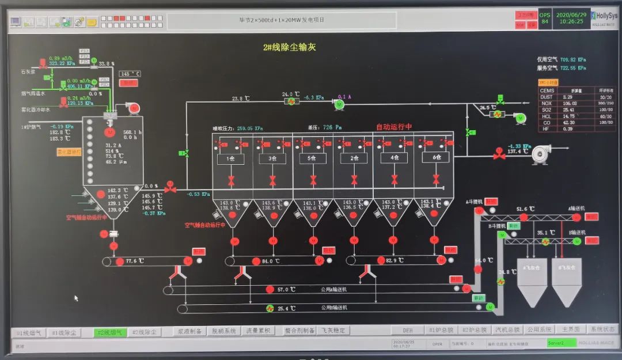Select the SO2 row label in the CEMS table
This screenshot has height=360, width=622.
(x=546, y=110)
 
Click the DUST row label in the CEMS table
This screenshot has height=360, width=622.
(x=547, y=97)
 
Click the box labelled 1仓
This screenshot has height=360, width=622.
(x=230, y=158)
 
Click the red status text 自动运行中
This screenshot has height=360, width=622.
(x=394, y=127)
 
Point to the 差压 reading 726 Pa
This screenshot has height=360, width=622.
(x=332, y=127)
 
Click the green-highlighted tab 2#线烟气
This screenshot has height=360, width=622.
(x=108, y=332)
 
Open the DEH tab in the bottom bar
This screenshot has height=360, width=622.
(x=407, y=331)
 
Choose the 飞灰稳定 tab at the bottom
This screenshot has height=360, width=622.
(x=333, y=331)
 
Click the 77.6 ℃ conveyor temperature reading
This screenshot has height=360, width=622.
(x=134, y=261)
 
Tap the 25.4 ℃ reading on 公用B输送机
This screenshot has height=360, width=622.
(x=286, y=309)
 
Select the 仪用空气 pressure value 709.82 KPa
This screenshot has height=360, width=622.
(x=573, y=59)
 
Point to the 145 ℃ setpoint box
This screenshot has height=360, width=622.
(x=130, y=74)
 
